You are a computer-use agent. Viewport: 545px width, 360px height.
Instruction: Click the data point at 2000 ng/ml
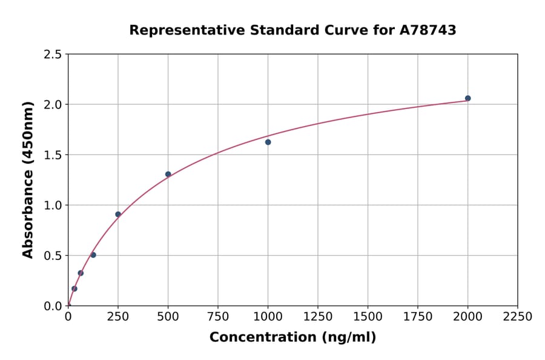(467, 98)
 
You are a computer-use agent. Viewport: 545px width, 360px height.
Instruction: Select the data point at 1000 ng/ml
(268, 142)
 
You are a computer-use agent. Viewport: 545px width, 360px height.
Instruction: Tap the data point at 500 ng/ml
(168, 174)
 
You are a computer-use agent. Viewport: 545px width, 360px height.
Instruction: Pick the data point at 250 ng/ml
(118, 214)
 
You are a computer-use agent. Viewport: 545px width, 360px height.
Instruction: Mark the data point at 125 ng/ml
(93, 255)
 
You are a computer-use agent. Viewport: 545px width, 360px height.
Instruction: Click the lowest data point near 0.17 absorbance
(74, 288)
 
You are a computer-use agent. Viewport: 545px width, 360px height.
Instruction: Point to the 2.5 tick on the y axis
(53, 55)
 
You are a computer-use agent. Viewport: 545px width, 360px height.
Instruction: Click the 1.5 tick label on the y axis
(53, 155)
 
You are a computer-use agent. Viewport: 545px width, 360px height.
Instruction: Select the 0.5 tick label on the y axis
(53, 256)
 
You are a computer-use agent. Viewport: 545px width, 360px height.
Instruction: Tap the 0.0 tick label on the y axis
(53, 306)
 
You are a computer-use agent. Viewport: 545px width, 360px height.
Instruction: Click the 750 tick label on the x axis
(218, 317)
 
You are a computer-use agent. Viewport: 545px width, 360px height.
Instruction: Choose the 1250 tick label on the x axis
(318, 317)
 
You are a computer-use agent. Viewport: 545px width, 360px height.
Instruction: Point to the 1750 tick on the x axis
(418, 317)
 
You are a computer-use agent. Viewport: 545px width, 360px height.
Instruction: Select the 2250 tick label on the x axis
(518, 317)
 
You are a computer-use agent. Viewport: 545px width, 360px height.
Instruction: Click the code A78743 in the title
(428, 30)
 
